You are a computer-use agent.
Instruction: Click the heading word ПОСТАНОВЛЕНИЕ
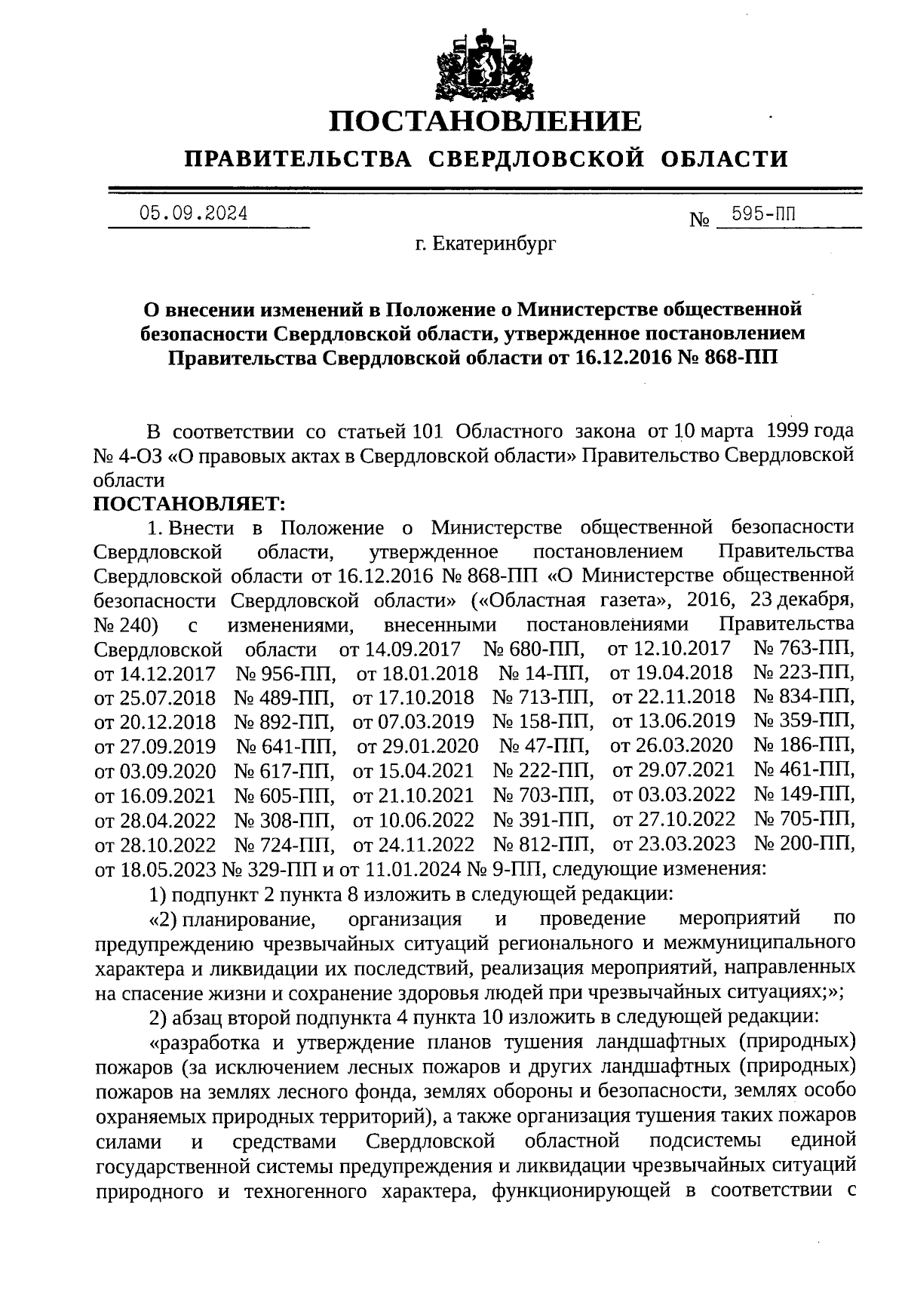pos(486,121)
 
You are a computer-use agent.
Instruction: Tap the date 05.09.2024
pos(194,213)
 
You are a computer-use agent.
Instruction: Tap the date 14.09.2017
pos(407,648)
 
